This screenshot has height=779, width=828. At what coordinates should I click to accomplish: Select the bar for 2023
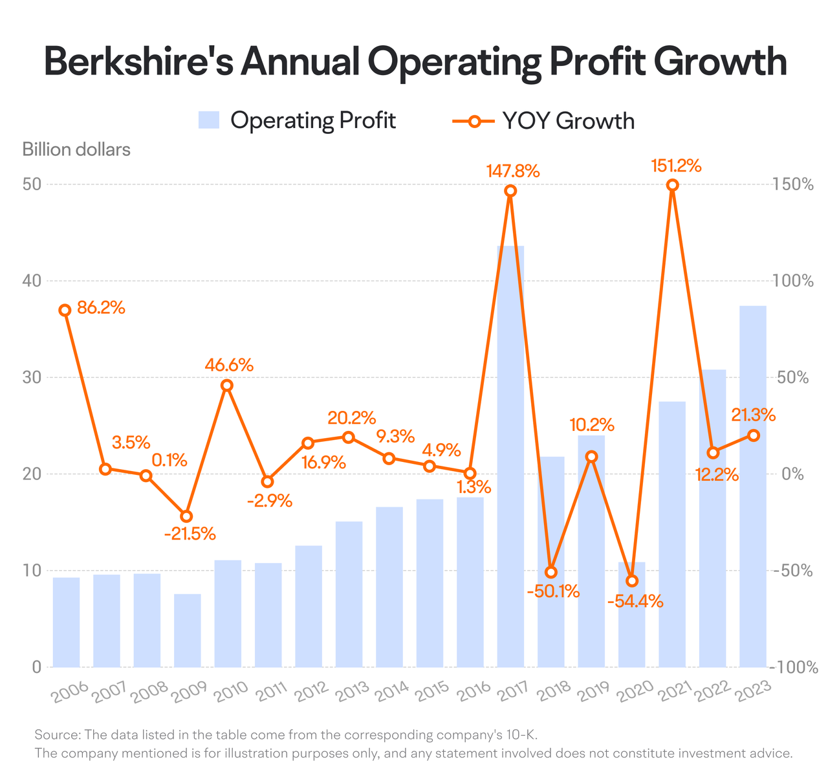click(752, 487)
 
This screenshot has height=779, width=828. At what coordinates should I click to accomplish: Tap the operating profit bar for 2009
click(187, 630)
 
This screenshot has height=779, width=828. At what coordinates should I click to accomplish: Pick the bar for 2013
click(349, 594)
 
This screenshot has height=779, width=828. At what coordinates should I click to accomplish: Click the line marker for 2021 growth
click(671, 185)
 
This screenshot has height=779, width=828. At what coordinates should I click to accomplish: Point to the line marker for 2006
click(65, 310)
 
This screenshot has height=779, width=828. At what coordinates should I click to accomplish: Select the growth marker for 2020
click(631, 580)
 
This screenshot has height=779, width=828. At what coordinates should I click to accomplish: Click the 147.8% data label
click(512, 171)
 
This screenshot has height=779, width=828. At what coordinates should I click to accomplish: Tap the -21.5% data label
click(190, 533)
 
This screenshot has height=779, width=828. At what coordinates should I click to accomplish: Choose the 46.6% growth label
click(228, 365)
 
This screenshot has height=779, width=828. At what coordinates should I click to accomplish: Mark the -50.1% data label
click(553, 591)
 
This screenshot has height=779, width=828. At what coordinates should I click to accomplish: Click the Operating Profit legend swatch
click(208, 120)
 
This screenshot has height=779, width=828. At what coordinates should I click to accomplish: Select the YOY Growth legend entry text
click(568, 120)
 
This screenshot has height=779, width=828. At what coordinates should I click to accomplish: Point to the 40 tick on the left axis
click(32, 281)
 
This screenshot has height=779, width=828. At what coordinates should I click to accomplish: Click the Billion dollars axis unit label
click(76, 149)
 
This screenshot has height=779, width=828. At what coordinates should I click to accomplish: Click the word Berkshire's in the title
click(139, 61)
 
